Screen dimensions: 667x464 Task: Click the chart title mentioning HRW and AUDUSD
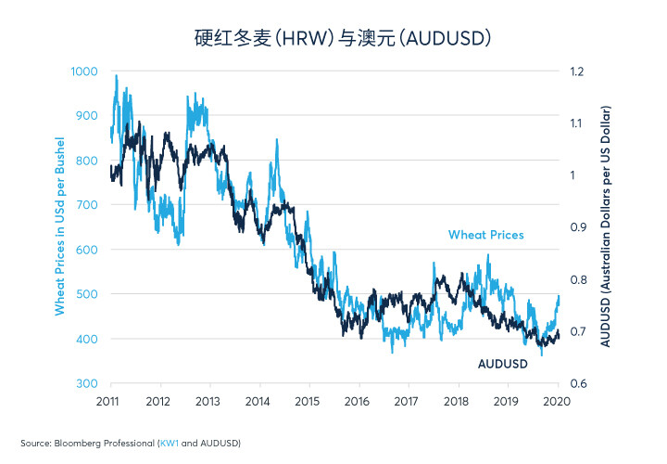(343, 38)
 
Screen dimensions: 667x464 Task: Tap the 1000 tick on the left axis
(84, 71)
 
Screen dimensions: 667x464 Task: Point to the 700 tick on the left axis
(87, 205)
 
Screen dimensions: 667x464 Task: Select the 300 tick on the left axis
(87, 383)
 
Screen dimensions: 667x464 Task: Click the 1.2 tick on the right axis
(577, 71)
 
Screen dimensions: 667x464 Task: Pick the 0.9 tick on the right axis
(578, 227)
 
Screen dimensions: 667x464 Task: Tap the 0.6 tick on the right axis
(578, 383)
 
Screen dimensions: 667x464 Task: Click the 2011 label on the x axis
(107, 402)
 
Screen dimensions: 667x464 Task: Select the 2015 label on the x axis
(307, 402)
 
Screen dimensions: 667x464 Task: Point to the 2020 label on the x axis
(557, 402)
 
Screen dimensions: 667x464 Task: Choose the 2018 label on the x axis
(456, 402)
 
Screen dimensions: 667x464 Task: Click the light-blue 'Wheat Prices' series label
(485, 235)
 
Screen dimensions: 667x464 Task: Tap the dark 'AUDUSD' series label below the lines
(503, 364)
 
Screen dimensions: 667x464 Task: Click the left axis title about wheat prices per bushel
(59, 226)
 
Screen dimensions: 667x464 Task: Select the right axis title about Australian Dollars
(605, 226)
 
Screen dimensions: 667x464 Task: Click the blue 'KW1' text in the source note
(170, 444)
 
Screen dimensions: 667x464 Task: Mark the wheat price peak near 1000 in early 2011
(116, 76)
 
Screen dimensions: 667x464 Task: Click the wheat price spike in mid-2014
(276, 140)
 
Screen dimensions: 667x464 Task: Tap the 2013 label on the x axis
(208, 402)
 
